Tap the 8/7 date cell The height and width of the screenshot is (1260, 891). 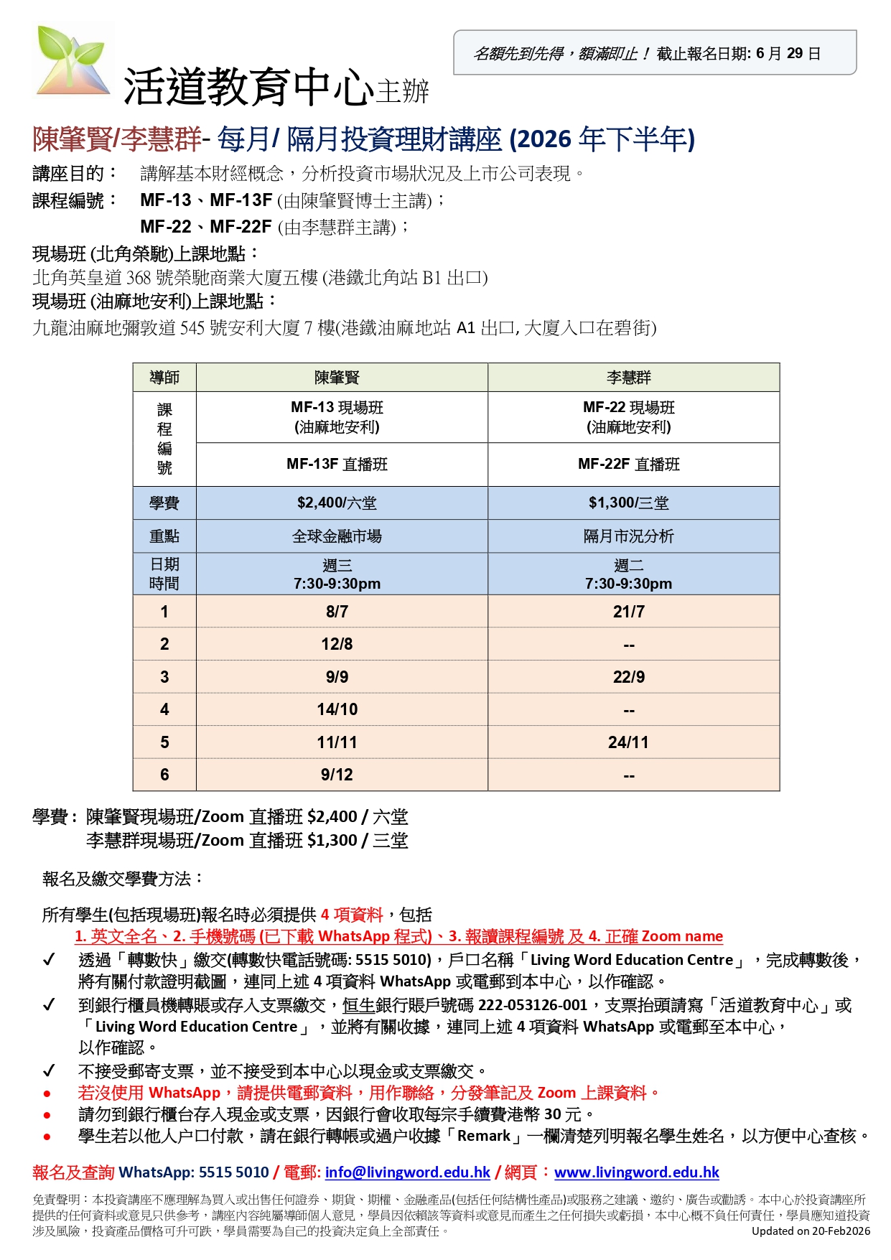tap(337, 612)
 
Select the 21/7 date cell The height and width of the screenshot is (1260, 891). tap(628, 612)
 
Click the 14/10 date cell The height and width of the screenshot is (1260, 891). tap(337, 709)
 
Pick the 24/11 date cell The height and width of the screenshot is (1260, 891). tap(628, 742)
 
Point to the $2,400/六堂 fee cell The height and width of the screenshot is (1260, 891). tap(337, 503)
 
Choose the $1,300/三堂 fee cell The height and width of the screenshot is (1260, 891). tap(628, 503)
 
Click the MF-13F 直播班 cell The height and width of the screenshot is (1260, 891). tap(337, 464)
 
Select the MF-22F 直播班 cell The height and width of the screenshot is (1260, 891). tap(628, 464)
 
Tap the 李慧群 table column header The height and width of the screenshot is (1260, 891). tap(628, 377)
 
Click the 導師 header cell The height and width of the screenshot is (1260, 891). tap(164, 377)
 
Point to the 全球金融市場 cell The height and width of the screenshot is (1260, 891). tap(337, 536)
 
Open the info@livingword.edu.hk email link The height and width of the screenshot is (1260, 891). tap(407, 1172)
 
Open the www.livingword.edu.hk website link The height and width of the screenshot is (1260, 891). tap(636, 1172)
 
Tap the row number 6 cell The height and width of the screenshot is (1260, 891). tap(164, 775)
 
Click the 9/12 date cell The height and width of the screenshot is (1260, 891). tap(337, 775)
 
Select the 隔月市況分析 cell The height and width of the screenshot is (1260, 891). tap(628, 536)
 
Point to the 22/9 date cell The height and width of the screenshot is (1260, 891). tap(628, 677)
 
